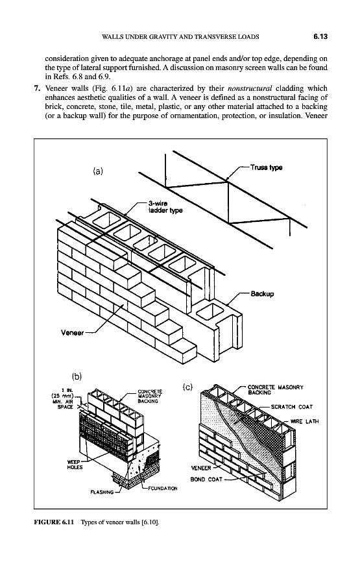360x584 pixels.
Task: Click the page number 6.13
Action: pos(320,36)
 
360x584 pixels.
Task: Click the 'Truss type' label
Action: pos(266,167)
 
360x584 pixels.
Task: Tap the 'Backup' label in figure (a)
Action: pos(262,293)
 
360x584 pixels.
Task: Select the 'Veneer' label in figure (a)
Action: pos(72,333)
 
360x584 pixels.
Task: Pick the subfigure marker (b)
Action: pos(77,376)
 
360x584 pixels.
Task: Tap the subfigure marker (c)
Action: pos(187,387)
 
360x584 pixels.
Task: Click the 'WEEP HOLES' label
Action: pos(75,465)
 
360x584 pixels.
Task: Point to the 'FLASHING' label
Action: pos(102,493)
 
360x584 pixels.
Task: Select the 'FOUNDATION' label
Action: pos(163,488)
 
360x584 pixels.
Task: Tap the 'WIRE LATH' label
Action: pos(304,421)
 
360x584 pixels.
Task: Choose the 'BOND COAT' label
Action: pos(206,480)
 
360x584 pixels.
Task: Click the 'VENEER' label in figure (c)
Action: pos(200,468)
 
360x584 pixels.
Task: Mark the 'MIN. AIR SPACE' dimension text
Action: pos(65,404)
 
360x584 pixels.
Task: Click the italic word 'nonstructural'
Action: pos(250,88)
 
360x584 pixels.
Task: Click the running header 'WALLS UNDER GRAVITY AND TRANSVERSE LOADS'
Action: pos(180,36)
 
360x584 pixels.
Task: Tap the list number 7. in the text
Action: pos(36,88)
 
